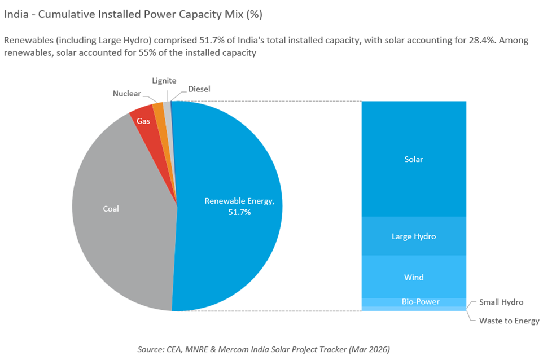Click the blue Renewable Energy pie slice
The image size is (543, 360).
pos(237,169)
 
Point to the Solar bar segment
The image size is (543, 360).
pos(414,159)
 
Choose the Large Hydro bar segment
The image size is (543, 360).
pos(414,236)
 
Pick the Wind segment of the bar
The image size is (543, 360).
pos(414,277)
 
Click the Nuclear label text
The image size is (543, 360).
pos(126,93)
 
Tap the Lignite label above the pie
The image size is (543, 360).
pos(164,81)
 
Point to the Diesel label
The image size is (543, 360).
pos(199,89)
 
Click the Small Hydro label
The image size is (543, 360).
pos(501,302)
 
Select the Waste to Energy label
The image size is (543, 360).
pos(509,321)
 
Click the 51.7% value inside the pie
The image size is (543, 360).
pos(239,212)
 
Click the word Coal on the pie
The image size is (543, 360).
pos(111,209)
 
